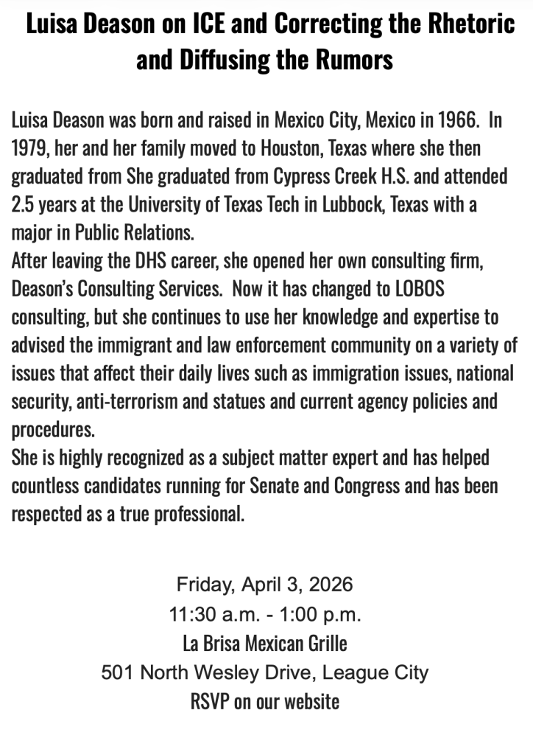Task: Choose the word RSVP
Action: click(x=210, y=700)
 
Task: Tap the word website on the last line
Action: click(x=311, y=700)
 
